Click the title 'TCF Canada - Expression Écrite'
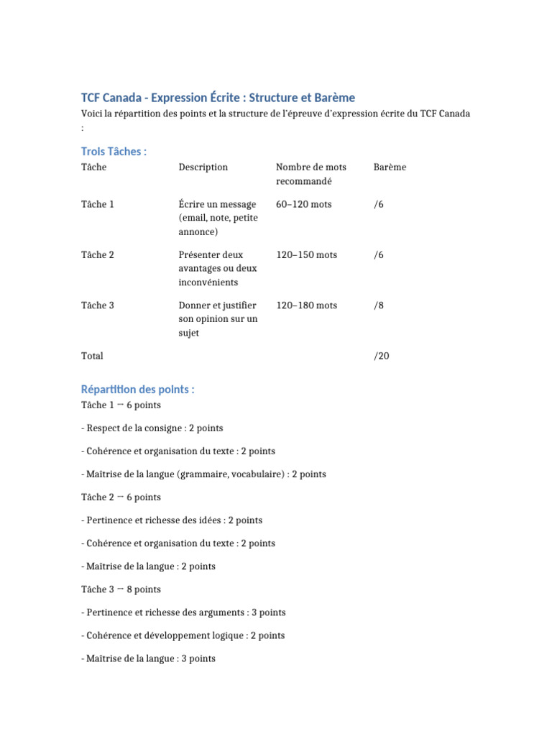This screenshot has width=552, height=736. click(x=218, y=97)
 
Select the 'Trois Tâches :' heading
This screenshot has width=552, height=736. click(x=114, y=151)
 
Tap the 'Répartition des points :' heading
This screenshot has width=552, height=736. click(x=137, y=390)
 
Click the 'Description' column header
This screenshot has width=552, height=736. click(x=203, y=167)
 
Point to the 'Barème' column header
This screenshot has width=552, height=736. click(x=390, y=167)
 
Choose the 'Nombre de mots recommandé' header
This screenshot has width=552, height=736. click(x=310, y=174)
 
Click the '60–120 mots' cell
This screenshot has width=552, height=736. click(x=303, y=205)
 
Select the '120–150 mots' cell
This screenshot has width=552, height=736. click(x=306, y=255)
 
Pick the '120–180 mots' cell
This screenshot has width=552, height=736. click(x=306, y=305)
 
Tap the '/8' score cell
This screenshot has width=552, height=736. click(x=379, y=305)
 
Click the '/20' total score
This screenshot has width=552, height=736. click(x=381, y=356)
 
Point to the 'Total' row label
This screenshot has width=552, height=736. click(x=92, y=356)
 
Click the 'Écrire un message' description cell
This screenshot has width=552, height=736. click(x=218, y=218)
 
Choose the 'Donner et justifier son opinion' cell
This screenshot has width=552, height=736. click(x=218, y=319)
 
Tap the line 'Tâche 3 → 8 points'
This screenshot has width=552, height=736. click(x=121, y=589)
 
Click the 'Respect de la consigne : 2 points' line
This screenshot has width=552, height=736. click(x=152, y=428)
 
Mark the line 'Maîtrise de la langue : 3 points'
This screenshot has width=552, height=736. click(x=148, y=658)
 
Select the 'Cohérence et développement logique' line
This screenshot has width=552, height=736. click(x=183, y=635)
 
